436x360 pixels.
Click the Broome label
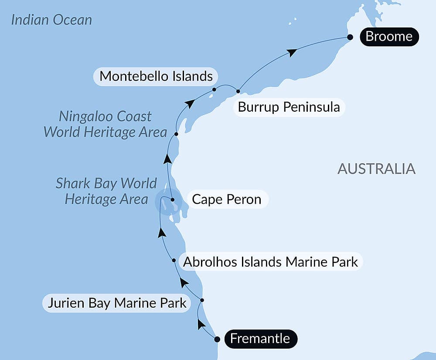pos(388,36)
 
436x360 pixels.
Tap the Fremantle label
pos(260,339)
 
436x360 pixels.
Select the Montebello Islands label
pos(156,76)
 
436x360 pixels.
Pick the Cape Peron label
pos(227,200)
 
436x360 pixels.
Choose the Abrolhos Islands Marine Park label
pos(270,262)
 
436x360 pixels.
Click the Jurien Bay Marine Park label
pos(117,303)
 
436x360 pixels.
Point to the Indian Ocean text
pos(51,20)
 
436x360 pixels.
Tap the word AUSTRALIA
pos(376,168)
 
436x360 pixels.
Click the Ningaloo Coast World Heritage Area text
pos(106,124)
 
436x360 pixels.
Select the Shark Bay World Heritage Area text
pos(106,191)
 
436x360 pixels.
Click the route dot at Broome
pos(350,38)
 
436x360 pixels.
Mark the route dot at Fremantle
pos(217,339)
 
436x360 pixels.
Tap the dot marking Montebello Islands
pos(214,89)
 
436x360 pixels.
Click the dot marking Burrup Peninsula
pos(238,91)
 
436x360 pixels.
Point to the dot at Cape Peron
pos(173,200)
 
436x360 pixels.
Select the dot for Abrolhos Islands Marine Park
pos(174,261)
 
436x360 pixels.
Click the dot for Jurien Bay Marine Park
pos(202,300)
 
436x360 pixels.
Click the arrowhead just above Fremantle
pos(201,324)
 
